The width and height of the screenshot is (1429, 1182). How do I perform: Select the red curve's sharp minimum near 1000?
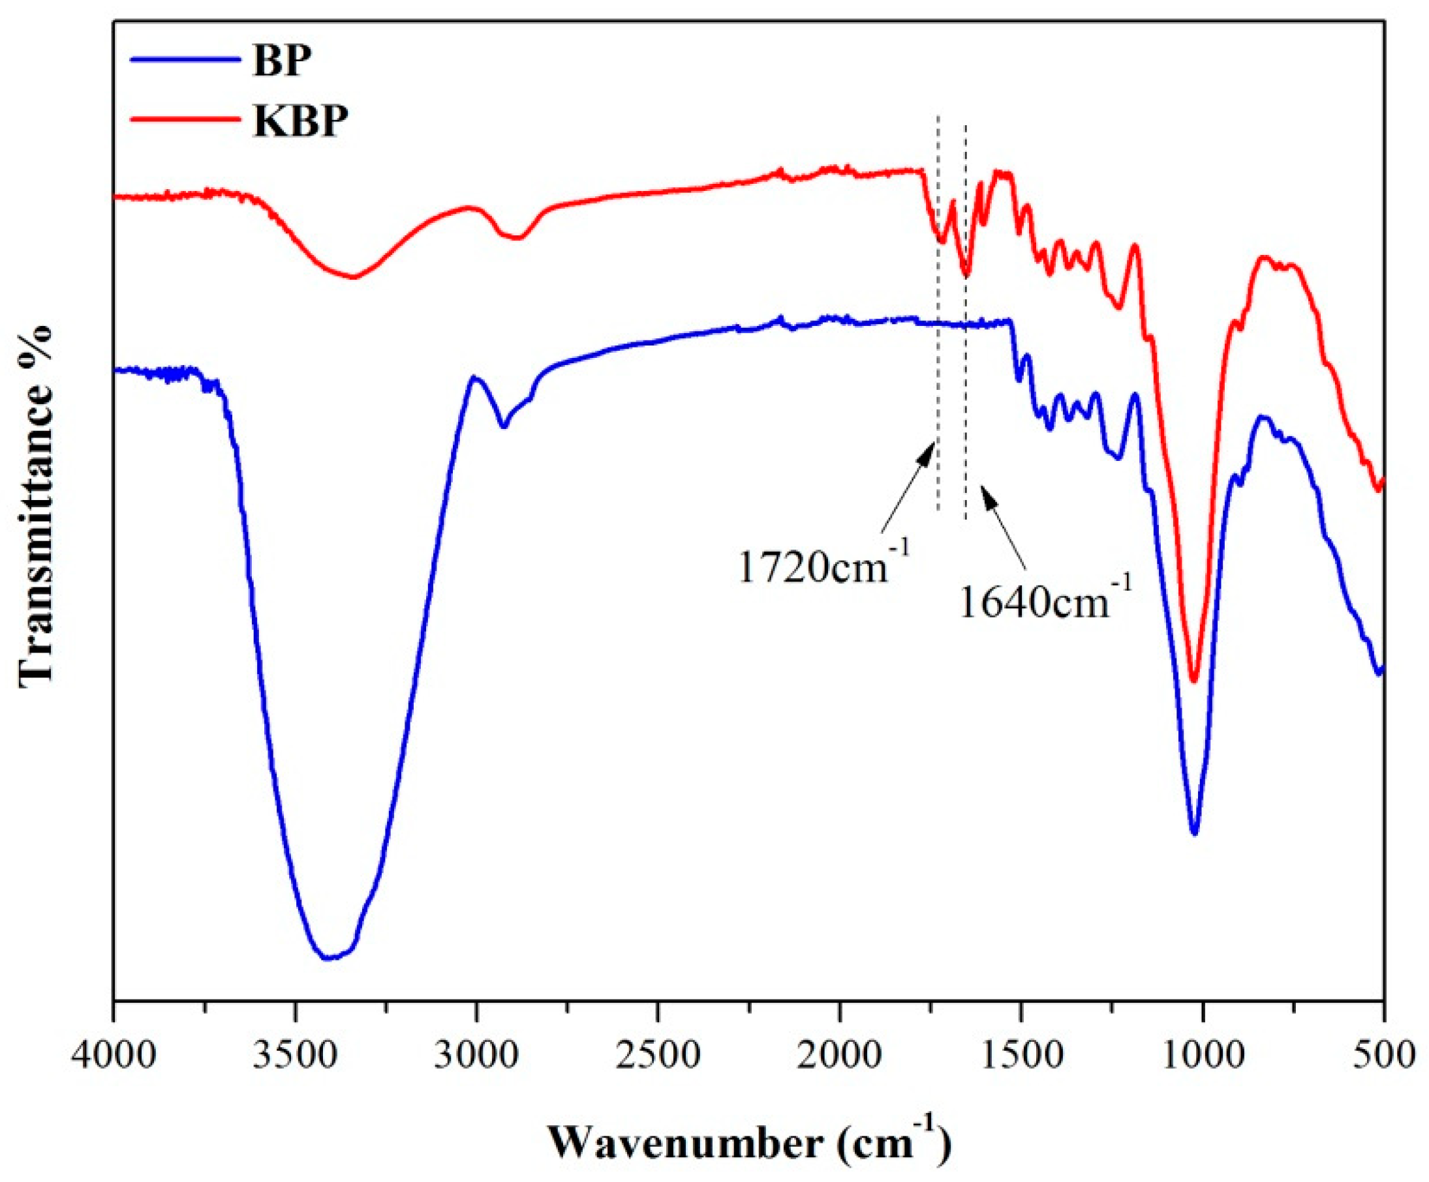coord(1193,681)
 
